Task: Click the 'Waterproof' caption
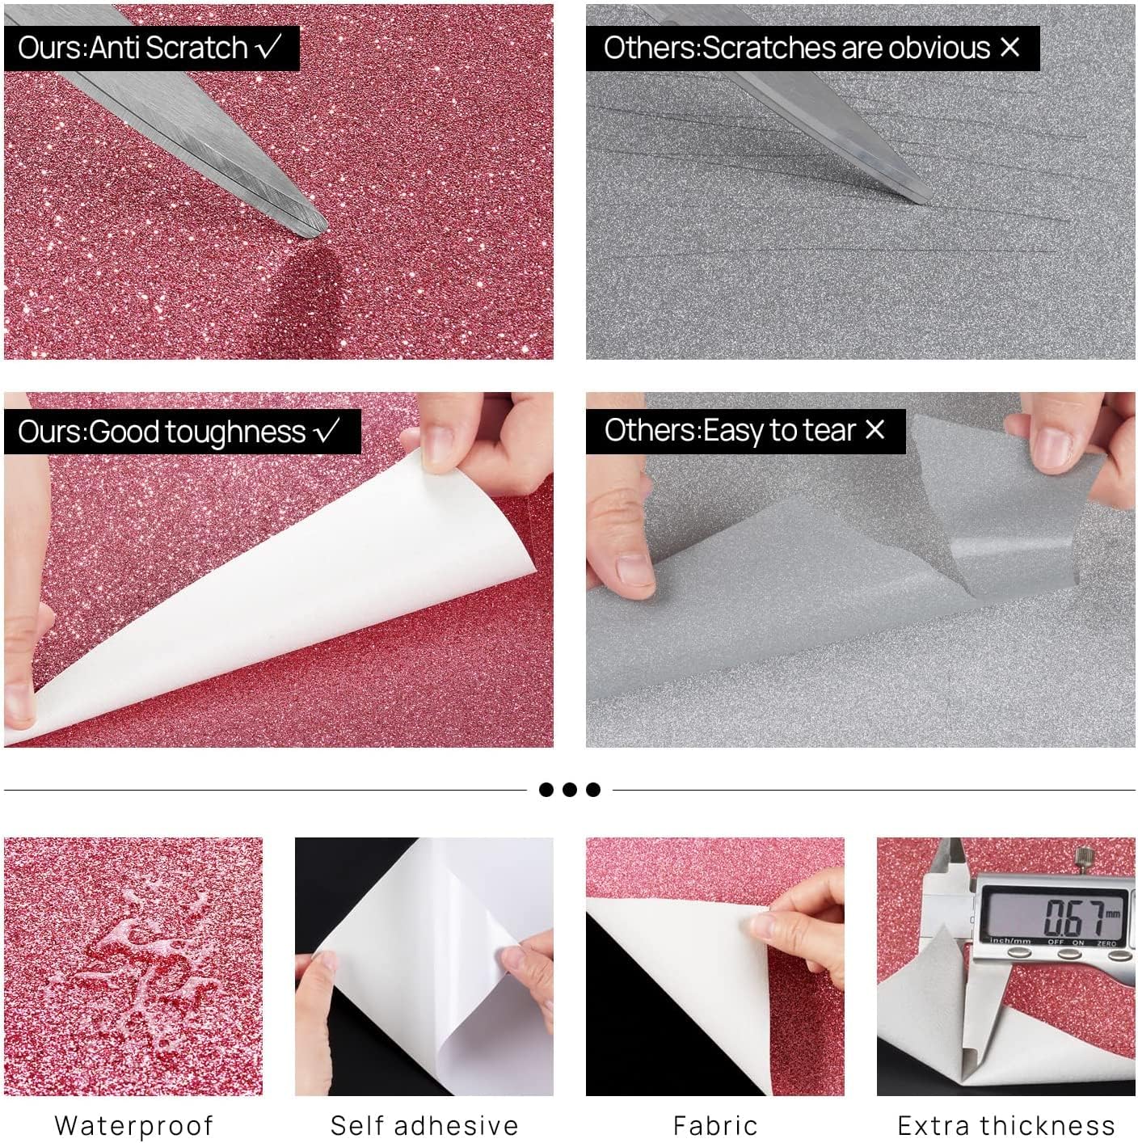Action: (x=133, y=1125)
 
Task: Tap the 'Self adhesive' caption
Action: (x=424, y=1125)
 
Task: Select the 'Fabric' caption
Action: (x=715, y=1125)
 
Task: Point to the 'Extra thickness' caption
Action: (x=1006, y=1125)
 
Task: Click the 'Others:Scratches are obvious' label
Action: (x=811, y=48)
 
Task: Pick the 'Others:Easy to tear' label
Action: (x=744, y=431)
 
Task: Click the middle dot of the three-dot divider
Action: (x=570, y=790)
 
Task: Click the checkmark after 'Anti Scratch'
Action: (x=268, y=47)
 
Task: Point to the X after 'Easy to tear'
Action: (x=875, y=429)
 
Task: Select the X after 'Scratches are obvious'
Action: (x=1009, y=47)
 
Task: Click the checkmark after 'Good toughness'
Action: (x=327, y=431)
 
